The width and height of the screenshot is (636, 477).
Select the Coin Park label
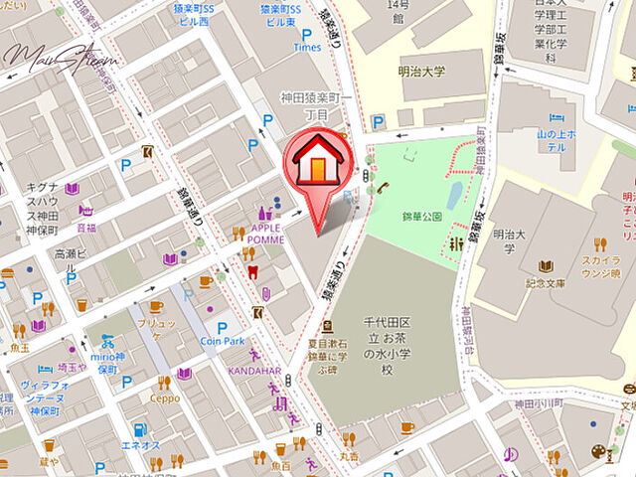pos(221,341)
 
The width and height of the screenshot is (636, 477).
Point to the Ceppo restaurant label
pos(165,398)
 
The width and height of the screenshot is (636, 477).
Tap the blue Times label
pos(307,47)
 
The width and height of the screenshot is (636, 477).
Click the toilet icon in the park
pos(456,243)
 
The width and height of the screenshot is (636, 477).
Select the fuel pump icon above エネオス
pos(140,429)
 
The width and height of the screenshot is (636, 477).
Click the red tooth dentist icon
pos(250,274)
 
